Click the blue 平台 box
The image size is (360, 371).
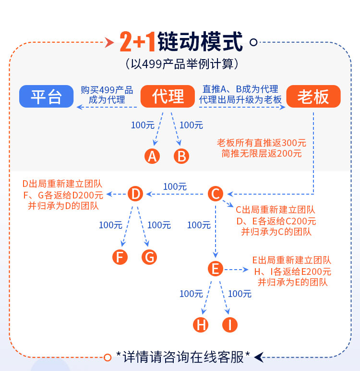47,96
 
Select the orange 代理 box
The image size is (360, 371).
168,96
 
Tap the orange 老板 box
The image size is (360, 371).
313,96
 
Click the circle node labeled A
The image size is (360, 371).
152,156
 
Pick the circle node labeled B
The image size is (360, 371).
181,156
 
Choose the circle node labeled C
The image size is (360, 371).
216,194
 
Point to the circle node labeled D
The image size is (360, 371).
135,194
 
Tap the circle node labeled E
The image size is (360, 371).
216,269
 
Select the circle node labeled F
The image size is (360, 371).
120,257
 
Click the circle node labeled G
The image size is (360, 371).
149,257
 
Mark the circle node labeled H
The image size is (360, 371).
201,325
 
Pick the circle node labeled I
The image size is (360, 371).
230,325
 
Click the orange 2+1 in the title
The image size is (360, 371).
137,42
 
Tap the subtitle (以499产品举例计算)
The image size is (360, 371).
181,64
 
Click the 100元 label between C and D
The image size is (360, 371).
175,186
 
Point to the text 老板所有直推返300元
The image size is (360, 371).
262,143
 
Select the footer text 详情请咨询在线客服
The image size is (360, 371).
183,357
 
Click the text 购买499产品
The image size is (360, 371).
107,90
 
